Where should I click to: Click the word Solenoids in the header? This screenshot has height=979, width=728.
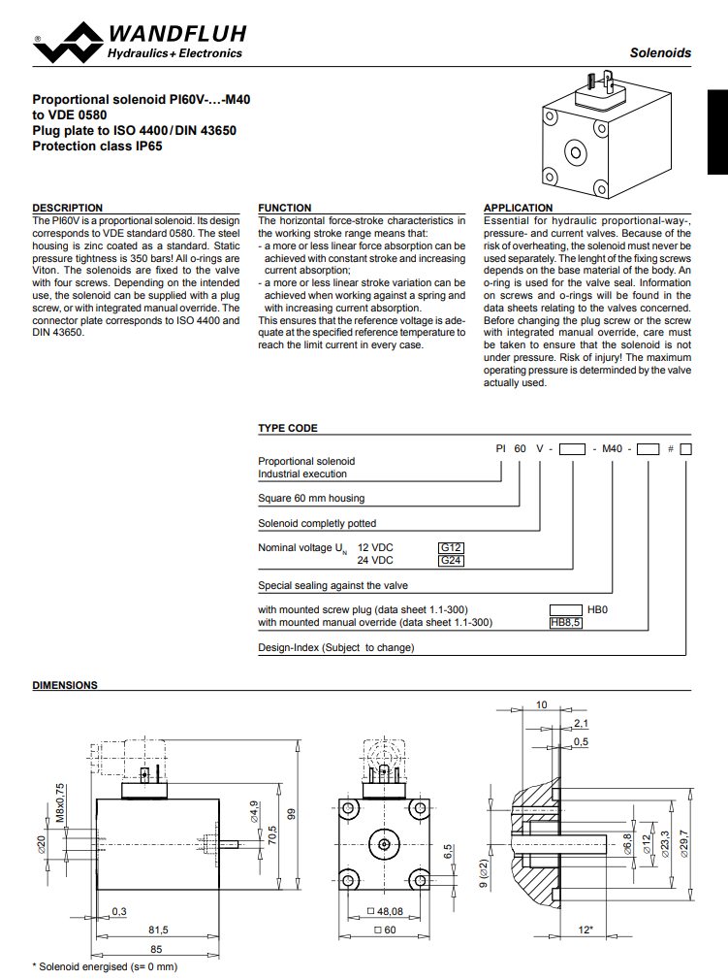660,53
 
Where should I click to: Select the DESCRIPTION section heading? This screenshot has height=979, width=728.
67,208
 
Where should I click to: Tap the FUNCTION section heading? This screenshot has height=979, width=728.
285,208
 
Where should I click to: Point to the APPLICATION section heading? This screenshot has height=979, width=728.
518,208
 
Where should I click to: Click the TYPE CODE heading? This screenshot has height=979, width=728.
287,428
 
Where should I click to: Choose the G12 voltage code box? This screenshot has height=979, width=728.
452,547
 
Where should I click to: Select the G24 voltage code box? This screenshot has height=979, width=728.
452,561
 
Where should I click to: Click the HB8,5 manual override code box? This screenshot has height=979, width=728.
565,623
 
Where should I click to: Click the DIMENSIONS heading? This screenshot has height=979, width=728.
65,685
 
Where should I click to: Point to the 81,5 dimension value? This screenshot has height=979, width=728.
158,930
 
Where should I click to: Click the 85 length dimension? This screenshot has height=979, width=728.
156,948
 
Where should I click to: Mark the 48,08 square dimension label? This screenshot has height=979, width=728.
386,912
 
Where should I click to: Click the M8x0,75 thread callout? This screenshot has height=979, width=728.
59,802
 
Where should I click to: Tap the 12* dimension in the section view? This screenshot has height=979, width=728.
585,930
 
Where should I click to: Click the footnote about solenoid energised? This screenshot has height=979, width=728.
106,966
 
